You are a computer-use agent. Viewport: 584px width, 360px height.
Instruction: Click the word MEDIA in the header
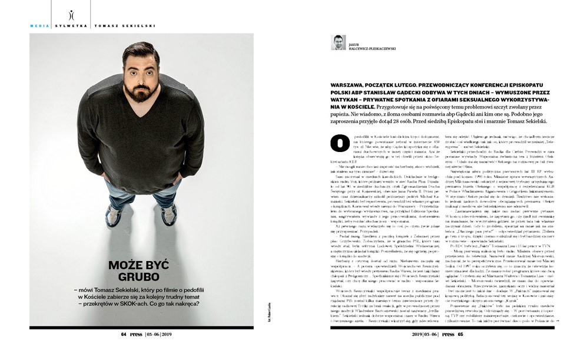[x=39, y=25]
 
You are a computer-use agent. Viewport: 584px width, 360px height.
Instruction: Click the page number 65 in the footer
[x=460, y=334]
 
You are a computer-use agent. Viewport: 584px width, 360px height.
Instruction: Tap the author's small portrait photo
[x=338, y=43]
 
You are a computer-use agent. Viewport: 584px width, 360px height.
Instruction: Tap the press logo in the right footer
[x=448, y=334]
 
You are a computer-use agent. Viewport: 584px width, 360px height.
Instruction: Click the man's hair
[x=141, y=52]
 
